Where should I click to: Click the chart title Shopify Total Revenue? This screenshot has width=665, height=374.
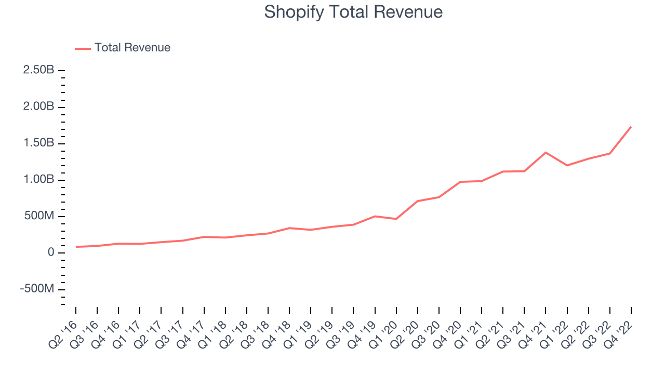(353, 11)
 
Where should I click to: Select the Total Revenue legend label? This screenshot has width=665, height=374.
(132, 48)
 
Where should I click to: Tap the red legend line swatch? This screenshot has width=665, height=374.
(83, 48)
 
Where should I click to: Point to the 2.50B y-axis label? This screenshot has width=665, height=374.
(39, 70)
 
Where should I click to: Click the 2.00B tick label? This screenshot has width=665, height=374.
(39, 106)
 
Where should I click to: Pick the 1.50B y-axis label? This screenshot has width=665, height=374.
(39, 143)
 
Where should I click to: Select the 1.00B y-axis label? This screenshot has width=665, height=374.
(39, 180)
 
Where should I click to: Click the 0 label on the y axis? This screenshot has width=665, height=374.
(50, 252)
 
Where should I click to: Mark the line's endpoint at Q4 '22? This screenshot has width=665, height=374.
(631, 127)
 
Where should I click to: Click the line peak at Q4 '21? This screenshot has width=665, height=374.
(546, 152)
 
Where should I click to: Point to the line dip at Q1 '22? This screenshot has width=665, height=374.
(567, 165)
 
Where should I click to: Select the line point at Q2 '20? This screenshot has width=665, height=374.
(418, 201)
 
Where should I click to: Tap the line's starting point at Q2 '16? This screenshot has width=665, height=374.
(76, 247)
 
